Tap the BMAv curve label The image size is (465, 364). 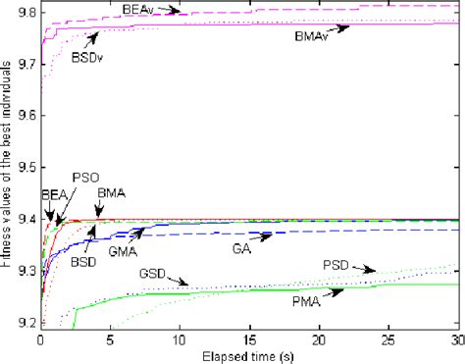(x=312, y=37)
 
